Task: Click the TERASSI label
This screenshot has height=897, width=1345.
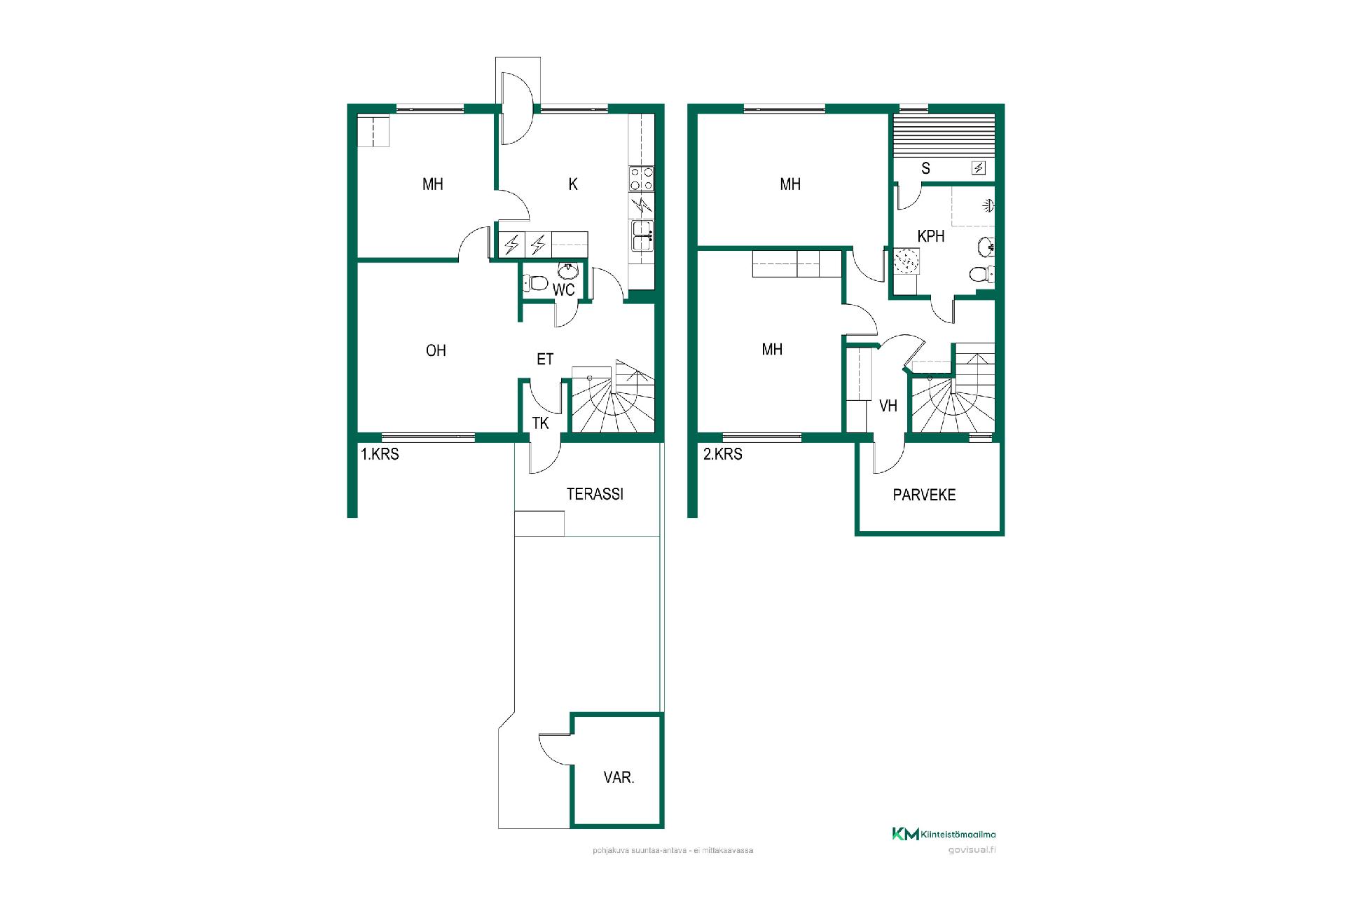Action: [595, 494]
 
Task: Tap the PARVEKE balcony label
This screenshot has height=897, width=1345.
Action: [924, 495]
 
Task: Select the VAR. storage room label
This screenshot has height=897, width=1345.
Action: [619, 777]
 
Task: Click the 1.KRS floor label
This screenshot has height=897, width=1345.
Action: [380, 454]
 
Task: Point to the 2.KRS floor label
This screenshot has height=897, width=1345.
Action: [722, 454]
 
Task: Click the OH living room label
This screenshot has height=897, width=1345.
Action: [436, 350]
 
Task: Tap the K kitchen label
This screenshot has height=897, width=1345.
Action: [573, 184]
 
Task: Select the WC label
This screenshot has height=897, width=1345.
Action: [564, 289]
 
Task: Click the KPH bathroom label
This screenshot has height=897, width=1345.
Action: [931, 236]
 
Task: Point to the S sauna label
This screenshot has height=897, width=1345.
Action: [926, 168]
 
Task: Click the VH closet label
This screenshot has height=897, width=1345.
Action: [888, 406]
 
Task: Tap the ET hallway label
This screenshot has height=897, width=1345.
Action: [545, 360]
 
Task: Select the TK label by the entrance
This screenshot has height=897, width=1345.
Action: [540, 423]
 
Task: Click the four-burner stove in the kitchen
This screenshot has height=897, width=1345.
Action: [642, 178]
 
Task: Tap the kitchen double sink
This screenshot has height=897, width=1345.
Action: [642, 235]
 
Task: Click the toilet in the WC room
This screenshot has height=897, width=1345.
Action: [535, 283]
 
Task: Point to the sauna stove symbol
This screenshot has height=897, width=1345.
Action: [978, 168]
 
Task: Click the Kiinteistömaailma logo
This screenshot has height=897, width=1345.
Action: [944, 834]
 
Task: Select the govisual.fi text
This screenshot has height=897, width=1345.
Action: [972, 850]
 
